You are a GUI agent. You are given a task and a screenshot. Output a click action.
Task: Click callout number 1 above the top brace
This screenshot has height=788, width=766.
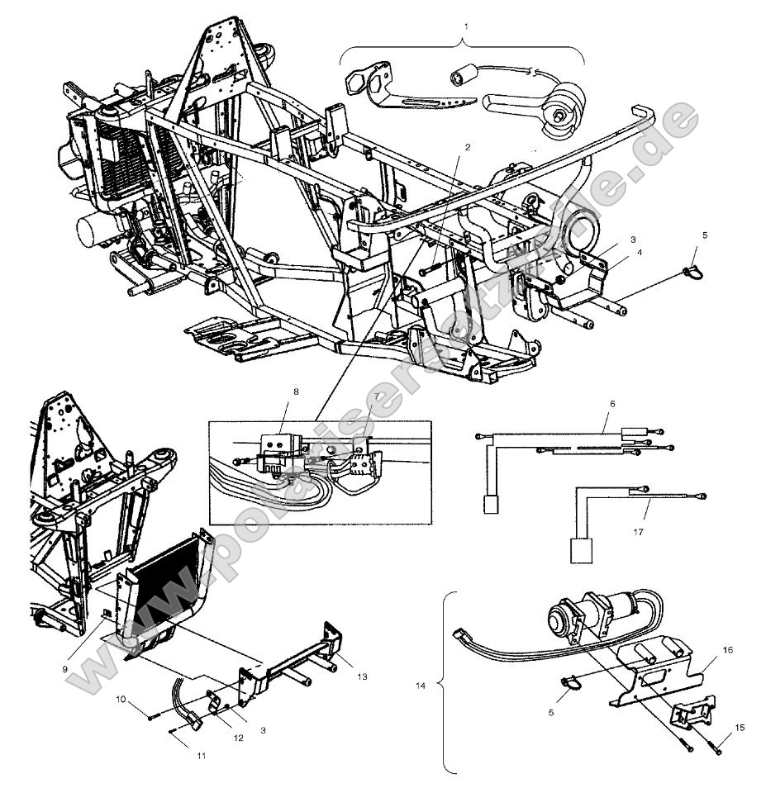point(466,26)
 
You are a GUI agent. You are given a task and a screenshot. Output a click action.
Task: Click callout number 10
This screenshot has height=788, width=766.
point(121,699)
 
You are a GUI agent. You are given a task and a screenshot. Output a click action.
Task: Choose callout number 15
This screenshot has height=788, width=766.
point(740,727)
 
